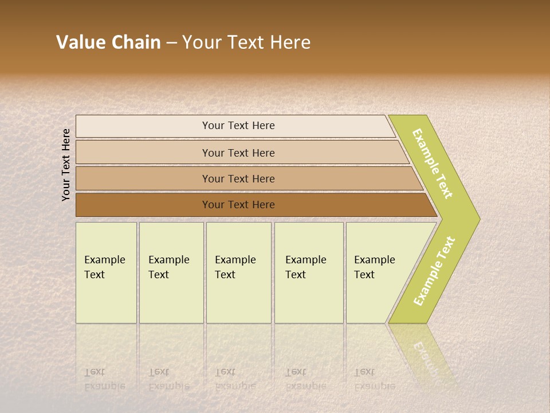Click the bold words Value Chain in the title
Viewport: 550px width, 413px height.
coord(108,42)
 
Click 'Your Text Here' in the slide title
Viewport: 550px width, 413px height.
coord(246,42)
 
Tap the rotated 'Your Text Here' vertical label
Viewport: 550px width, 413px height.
coord(66,165)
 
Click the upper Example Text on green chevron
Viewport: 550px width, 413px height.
coord(433,164)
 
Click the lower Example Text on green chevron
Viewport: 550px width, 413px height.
coord(435,271)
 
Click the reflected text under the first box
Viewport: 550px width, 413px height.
coord(105,379)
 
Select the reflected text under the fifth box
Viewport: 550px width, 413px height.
coord(375,379)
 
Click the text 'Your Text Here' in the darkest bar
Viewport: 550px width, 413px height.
coord(238,205)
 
